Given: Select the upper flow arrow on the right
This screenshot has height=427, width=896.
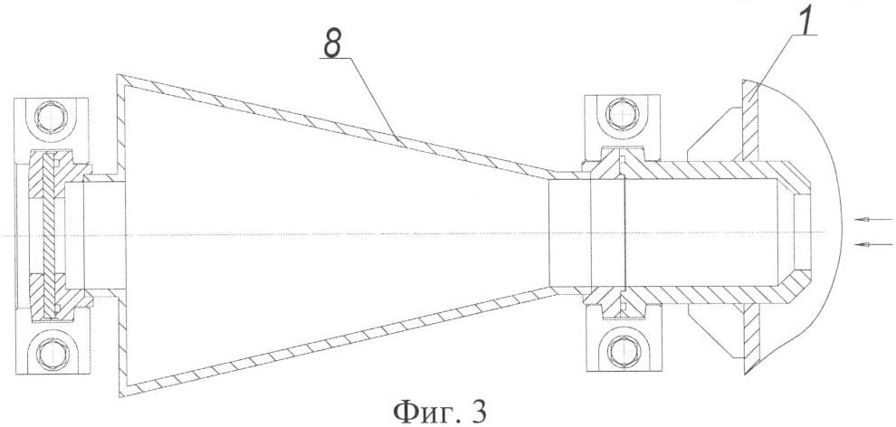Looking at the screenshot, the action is click(x=873, y=219).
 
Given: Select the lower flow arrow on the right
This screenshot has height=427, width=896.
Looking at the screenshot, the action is click(x=873, y=244).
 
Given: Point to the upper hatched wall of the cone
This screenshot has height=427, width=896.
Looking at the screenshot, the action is click(x=338, y=123).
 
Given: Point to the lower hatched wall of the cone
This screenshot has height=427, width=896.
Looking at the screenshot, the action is click(x=338, y=343).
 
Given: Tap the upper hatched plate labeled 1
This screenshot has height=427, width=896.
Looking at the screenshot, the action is click(x=750, y=120).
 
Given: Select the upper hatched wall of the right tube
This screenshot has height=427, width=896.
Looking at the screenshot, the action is click(x=703, y=170).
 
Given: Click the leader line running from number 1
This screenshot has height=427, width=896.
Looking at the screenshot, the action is click(x=783, y=58).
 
